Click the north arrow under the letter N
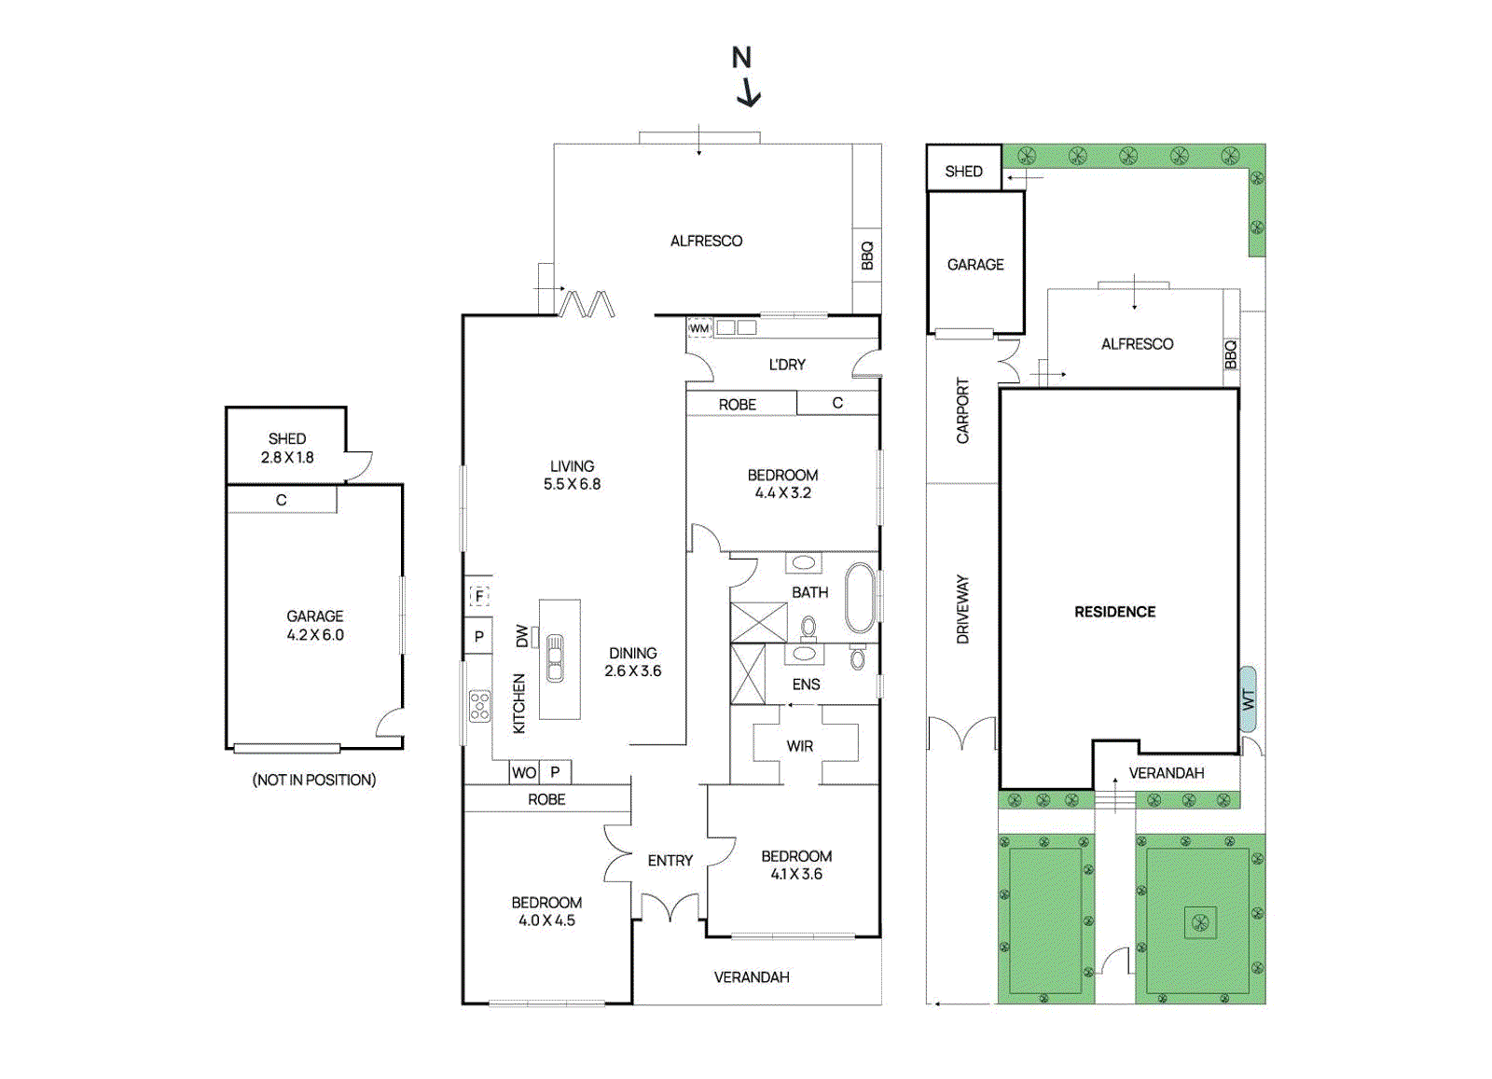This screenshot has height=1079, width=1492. pos(749,94)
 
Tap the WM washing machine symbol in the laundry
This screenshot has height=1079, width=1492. pos(699,328)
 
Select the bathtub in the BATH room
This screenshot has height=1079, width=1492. pos(860,598)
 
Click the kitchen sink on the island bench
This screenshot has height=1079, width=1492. pos(555,658)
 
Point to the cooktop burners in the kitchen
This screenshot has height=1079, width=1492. pos(479,706)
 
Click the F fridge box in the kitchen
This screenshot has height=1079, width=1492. pos(479,595)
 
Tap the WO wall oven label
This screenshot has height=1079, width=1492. pos(524,772)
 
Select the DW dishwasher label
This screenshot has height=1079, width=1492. pos(522,636)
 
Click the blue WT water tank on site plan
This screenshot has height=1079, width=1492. pos(1248,699)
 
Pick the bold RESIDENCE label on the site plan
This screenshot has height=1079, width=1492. pos(1115,612)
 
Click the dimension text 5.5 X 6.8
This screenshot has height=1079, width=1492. pos(573,484)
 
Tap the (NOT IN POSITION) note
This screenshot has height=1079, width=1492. pos(313,780)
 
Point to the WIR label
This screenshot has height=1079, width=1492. pos(800,746)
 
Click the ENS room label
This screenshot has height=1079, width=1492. pos(806,684)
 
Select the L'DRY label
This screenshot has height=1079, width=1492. pos(787,365)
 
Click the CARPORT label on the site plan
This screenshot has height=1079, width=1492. pos(962,411)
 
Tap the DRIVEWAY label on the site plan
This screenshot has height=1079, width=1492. pos(962,609)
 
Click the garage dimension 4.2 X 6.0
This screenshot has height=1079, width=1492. pos(315,635)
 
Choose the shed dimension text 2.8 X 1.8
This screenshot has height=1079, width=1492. pos(287,458)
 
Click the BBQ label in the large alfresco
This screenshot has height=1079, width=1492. pos(866,256)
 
